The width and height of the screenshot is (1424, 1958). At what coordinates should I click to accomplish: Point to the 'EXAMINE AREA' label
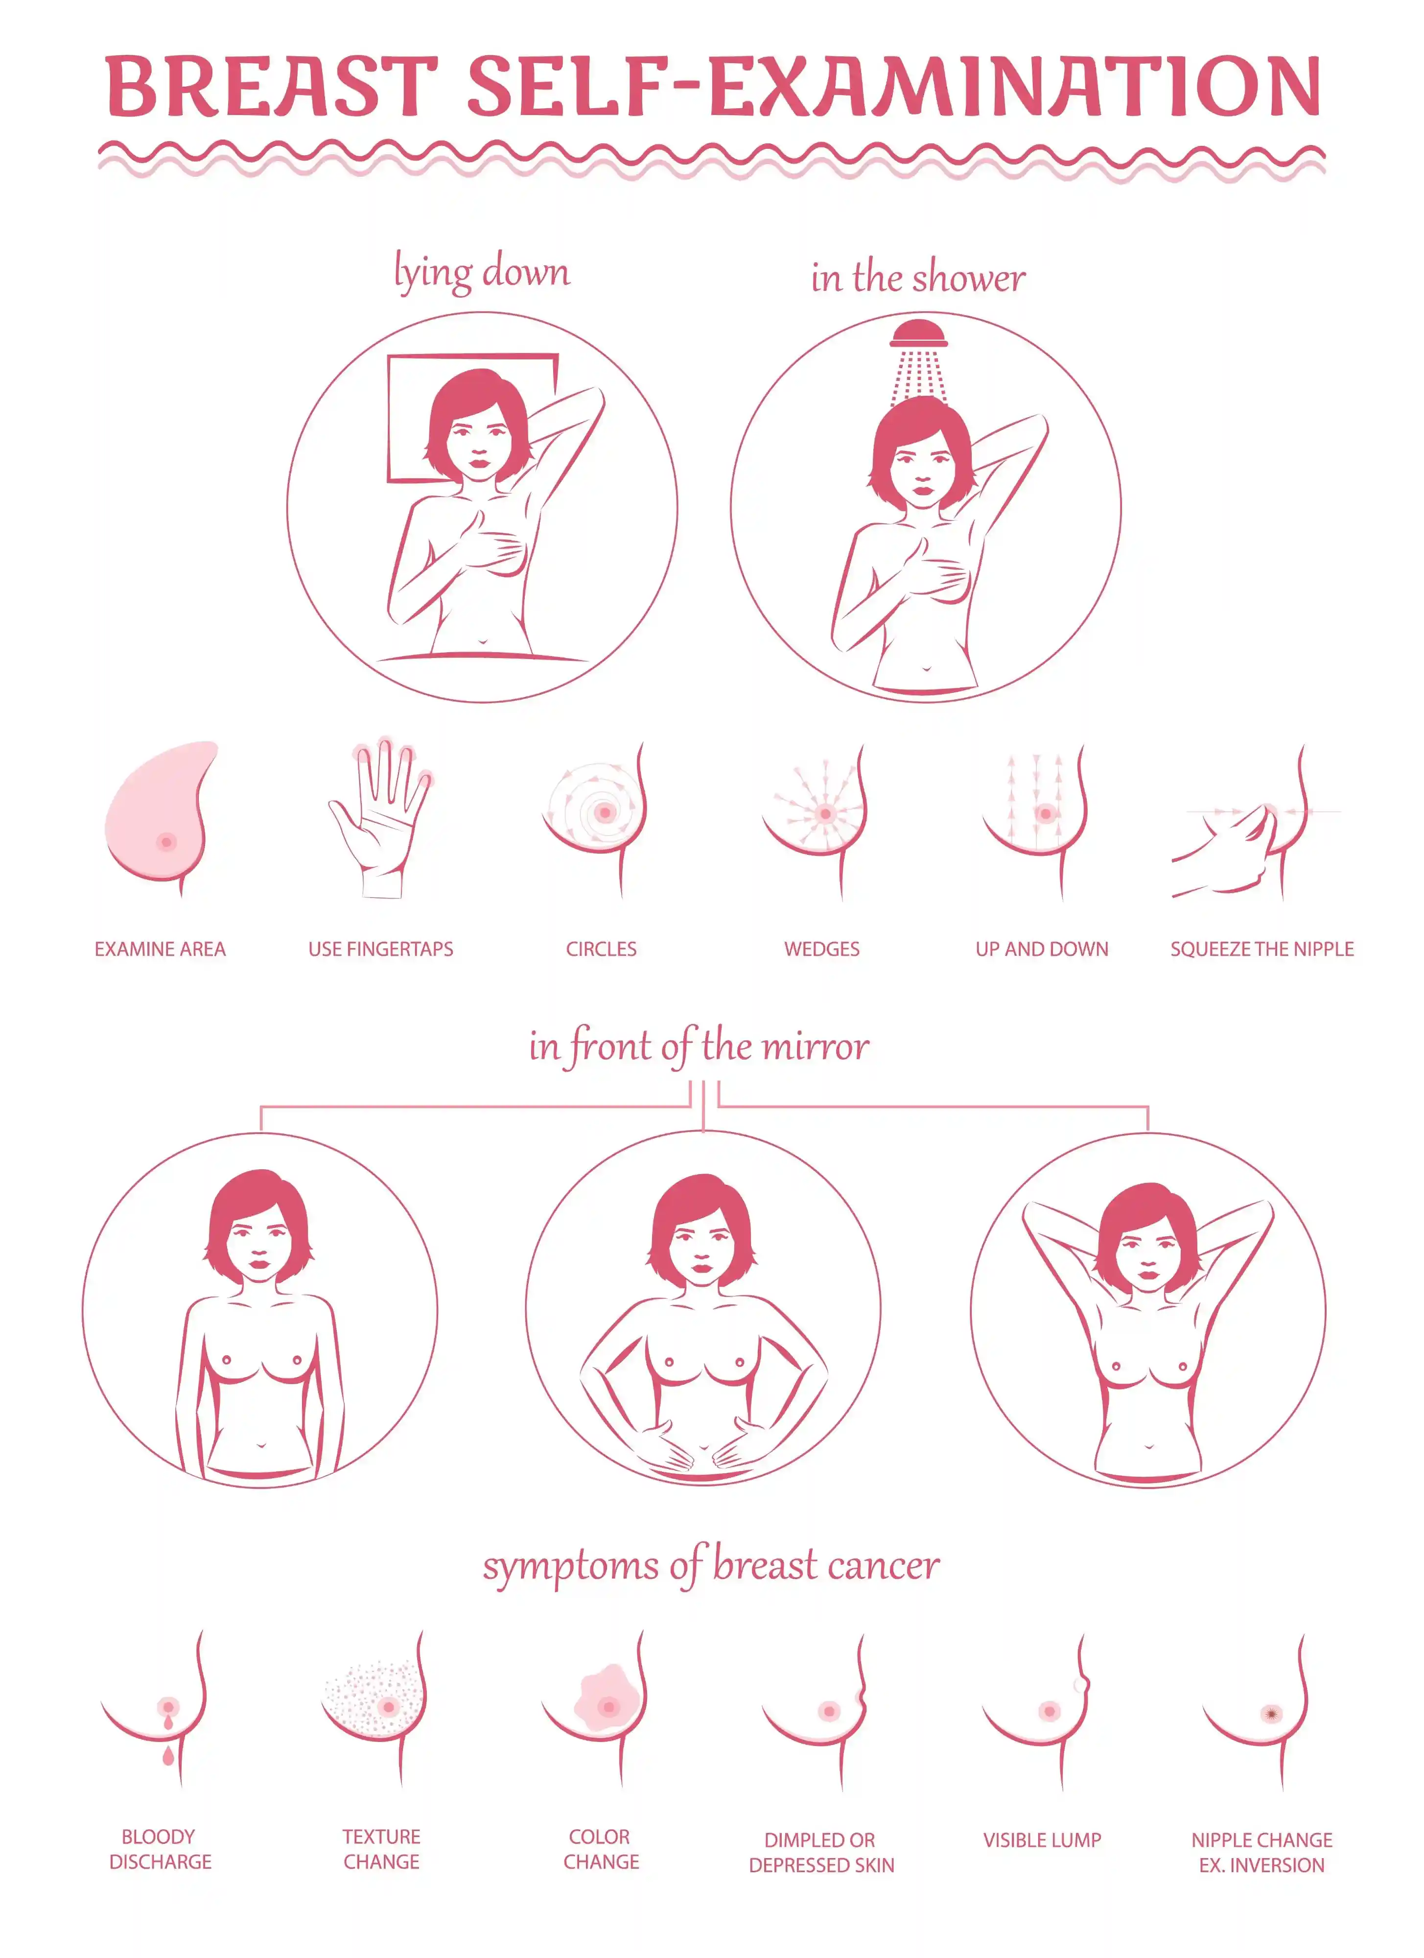(x=161, y=949)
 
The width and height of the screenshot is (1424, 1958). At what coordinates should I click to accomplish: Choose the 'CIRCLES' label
(x=602, y=949)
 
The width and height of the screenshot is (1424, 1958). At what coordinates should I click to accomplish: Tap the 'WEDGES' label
(x=821, y=949)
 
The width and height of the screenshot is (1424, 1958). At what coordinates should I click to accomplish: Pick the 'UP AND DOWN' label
(x=1042, y=949)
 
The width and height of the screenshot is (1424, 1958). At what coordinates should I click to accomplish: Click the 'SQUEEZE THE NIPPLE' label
(x=1262, y=949)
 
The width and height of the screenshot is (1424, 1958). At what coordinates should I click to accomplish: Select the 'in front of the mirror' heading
(x=699, y=1047)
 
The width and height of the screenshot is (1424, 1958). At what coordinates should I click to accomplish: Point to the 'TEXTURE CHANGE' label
(x=381, y=1849)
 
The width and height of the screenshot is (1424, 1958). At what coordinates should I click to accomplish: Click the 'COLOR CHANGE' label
(x=602, y=1849)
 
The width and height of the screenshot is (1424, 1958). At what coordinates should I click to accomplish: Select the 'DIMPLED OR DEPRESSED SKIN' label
(x=821, y=1853)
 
